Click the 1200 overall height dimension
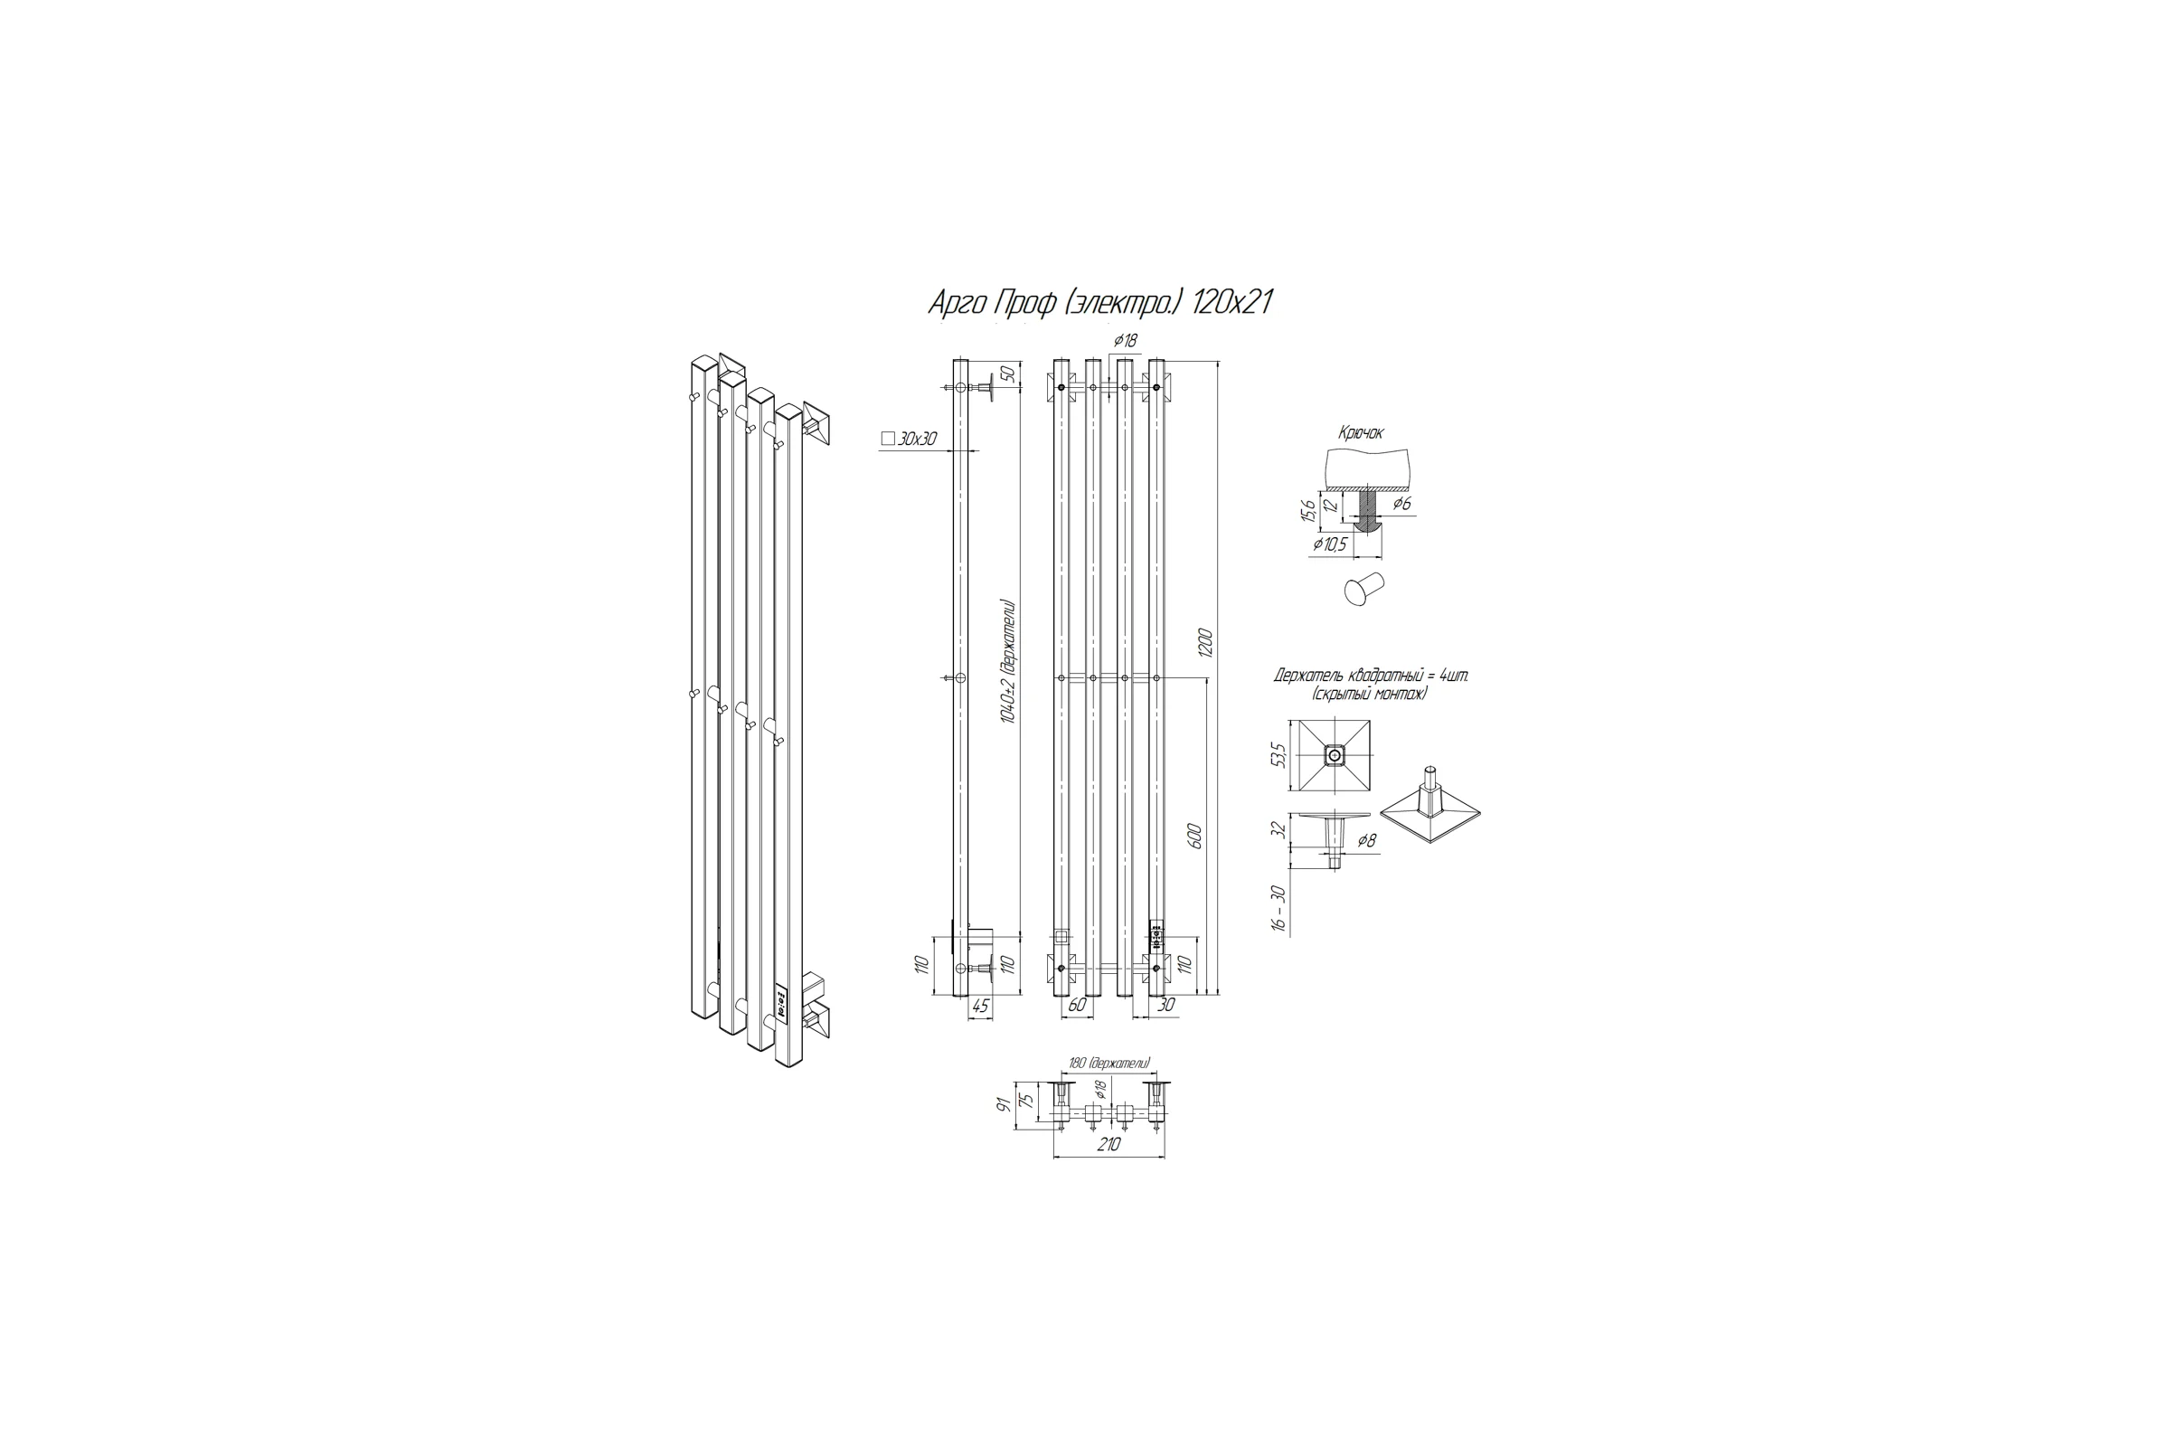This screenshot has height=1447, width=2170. [x=1206, y=642]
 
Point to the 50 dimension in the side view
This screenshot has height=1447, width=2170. [x=1007, y=374]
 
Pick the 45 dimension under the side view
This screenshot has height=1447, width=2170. [x=981, y=1006]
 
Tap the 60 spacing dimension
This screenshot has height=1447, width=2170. [x=1077, y=1006]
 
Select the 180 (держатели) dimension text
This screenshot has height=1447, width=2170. [x=1109, y=1064]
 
